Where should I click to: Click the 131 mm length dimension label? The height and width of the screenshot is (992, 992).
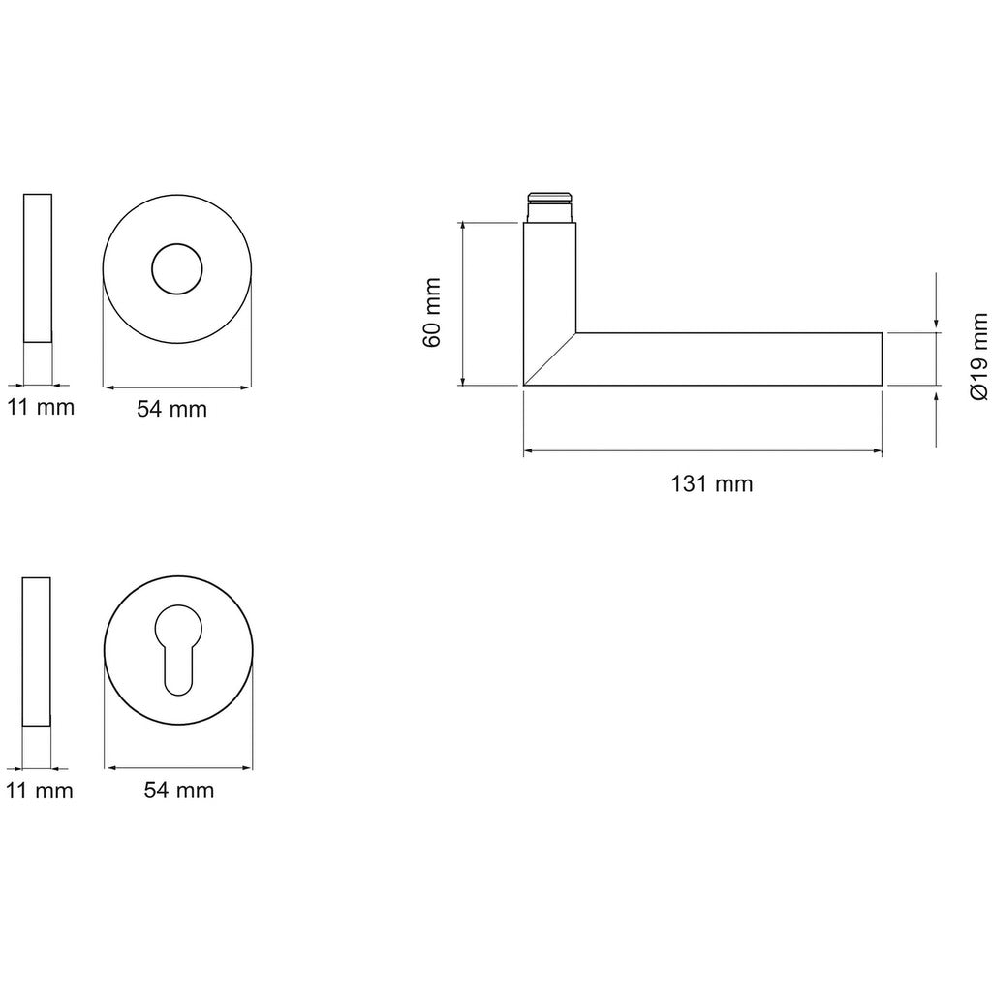click(x=712, y=484)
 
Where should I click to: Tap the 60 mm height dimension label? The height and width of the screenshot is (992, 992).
click(x=432, y=312)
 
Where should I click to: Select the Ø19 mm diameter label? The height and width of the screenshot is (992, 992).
click(x=978, y=356)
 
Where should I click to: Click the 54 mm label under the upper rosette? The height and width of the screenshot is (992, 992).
click(x=172, y=409)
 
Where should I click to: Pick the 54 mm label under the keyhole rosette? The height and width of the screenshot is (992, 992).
click(x=179, y=790)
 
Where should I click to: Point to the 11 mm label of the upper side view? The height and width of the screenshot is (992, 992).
click(x=41, y=407)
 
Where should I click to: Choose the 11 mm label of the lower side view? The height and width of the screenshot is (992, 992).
click(x=39, y=790)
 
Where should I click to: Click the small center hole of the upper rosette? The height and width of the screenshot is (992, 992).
click(x=177, y=269)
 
